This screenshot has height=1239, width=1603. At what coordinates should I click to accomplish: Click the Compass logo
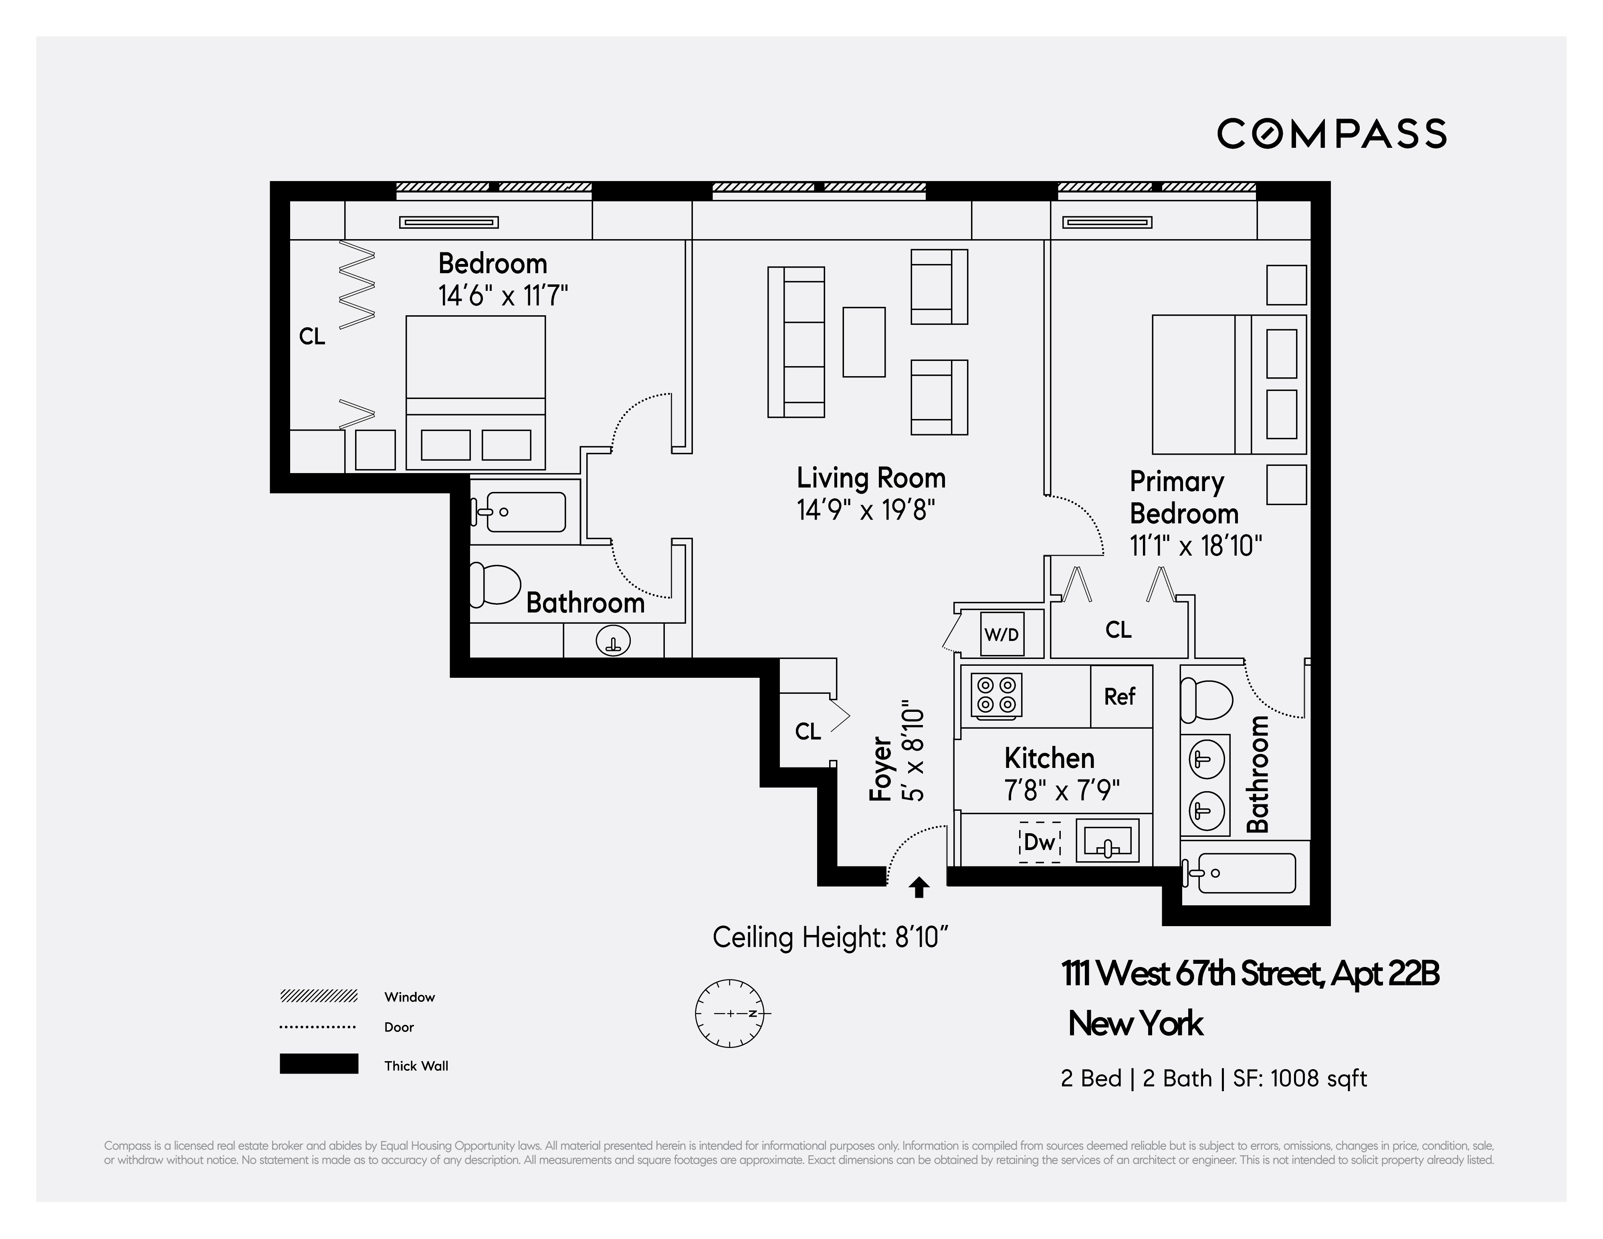(x=1331, y=133)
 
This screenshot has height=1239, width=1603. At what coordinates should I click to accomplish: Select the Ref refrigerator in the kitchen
(x=1120, y=696)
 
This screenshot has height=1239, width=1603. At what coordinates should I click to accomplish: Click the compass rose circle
(x=730, y=1013)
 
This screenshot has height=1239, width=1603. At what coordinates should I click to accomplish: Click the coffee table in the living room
(x=864, y=342)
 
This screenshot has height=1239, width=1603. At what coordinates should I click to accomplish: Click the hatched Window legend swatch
(x=319, y=996)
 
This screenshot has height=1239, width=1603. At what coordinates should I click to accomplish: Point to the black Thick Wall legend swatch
(x=319, y=1064)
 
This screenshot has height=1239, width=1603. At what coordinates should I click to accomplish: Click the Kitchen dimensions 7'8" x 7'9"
(x=1061, y=790)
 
